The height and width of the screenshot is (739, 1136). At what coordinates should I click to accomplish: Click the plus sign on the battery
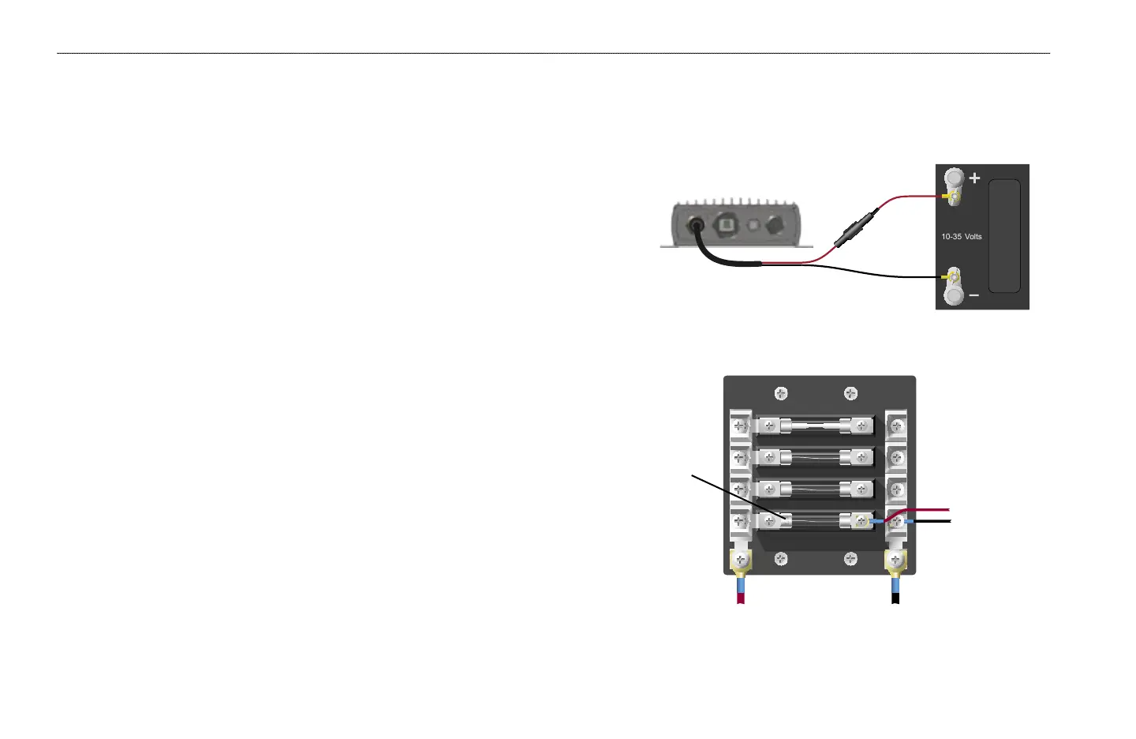(975, 178)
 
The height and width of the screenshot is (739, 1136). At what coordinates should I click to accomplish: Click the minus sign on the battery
(973, 295)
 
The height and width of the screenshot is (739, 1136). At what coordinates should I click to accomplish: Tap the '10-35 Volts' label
(961, 236)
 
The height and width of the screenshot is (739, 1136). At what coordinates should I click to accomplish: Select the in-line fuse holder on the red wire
(856, 227)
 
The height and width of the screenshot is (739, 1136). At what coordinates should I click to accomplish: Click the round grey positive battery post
(954, 178)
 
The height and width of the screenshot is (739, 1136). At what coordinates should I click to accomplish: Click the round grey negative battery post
(954, 295)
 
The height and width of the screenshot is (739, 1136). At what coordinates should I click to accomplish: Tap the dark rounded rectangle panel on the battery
(1004, 236)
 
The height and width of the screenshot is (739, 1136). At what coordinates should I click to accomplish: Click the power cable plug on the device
(697, 226)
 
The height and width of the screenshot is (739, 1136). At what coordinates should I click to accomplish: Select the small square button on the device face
(753, 225)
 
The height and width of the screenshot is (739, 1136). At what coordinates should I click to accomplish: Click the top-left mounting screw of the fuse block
(780, 393)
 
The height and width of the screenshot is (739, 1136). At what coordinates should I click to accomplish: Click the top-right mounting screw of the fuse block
(850, 393)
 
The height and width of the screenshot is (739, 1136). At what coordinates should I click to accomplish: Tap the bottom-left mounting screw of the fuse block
(780, 559)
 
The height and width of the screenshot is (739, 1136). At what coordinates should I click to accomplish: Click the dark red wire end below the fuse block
(740, 598)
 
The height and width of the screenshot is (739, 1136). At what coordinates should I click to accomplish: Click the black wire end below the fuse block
(895, 598)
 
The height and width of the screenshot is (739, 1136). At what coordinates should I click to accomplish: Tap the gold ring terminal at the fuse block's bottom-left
(740, 561)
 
